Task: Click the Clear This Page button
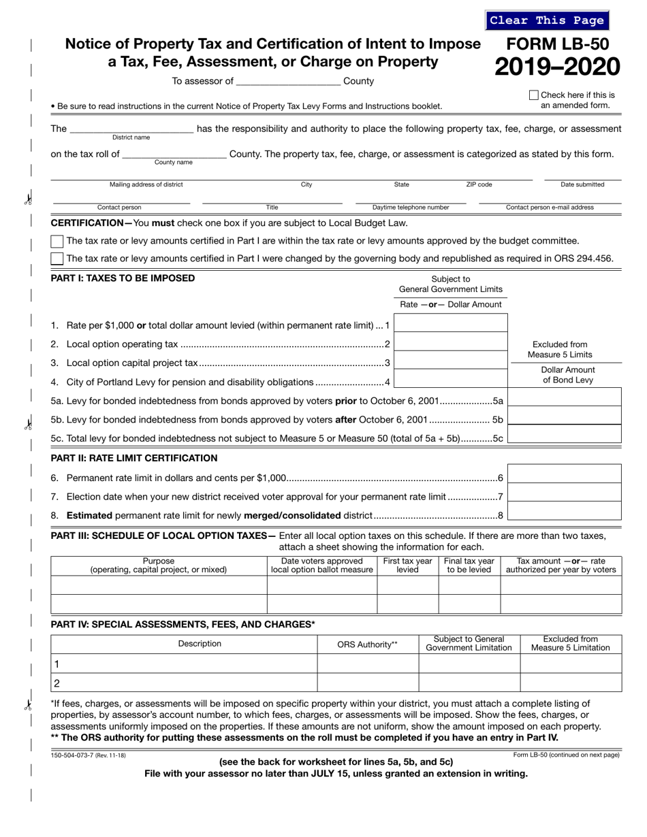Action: point(547,20)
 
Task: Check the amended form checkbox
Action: point(534,95)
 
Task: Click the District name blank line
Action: point(131,129)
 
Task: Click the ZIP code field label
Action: point(479,184)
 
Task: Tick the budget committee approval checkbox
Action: point(58,241)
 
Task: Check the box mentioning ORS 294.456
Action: point(58,259)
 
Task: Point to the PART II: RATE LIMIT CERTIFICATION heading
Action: point(134,458)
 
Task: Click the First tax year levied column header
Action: point(407,565)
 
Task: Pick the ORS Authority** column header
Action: point(367,644)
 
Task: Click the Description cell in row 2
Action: point(184,683)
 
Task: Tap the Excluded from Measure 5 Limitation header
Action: point(570,644)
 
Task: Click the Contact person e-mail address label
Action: point(549,208)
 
